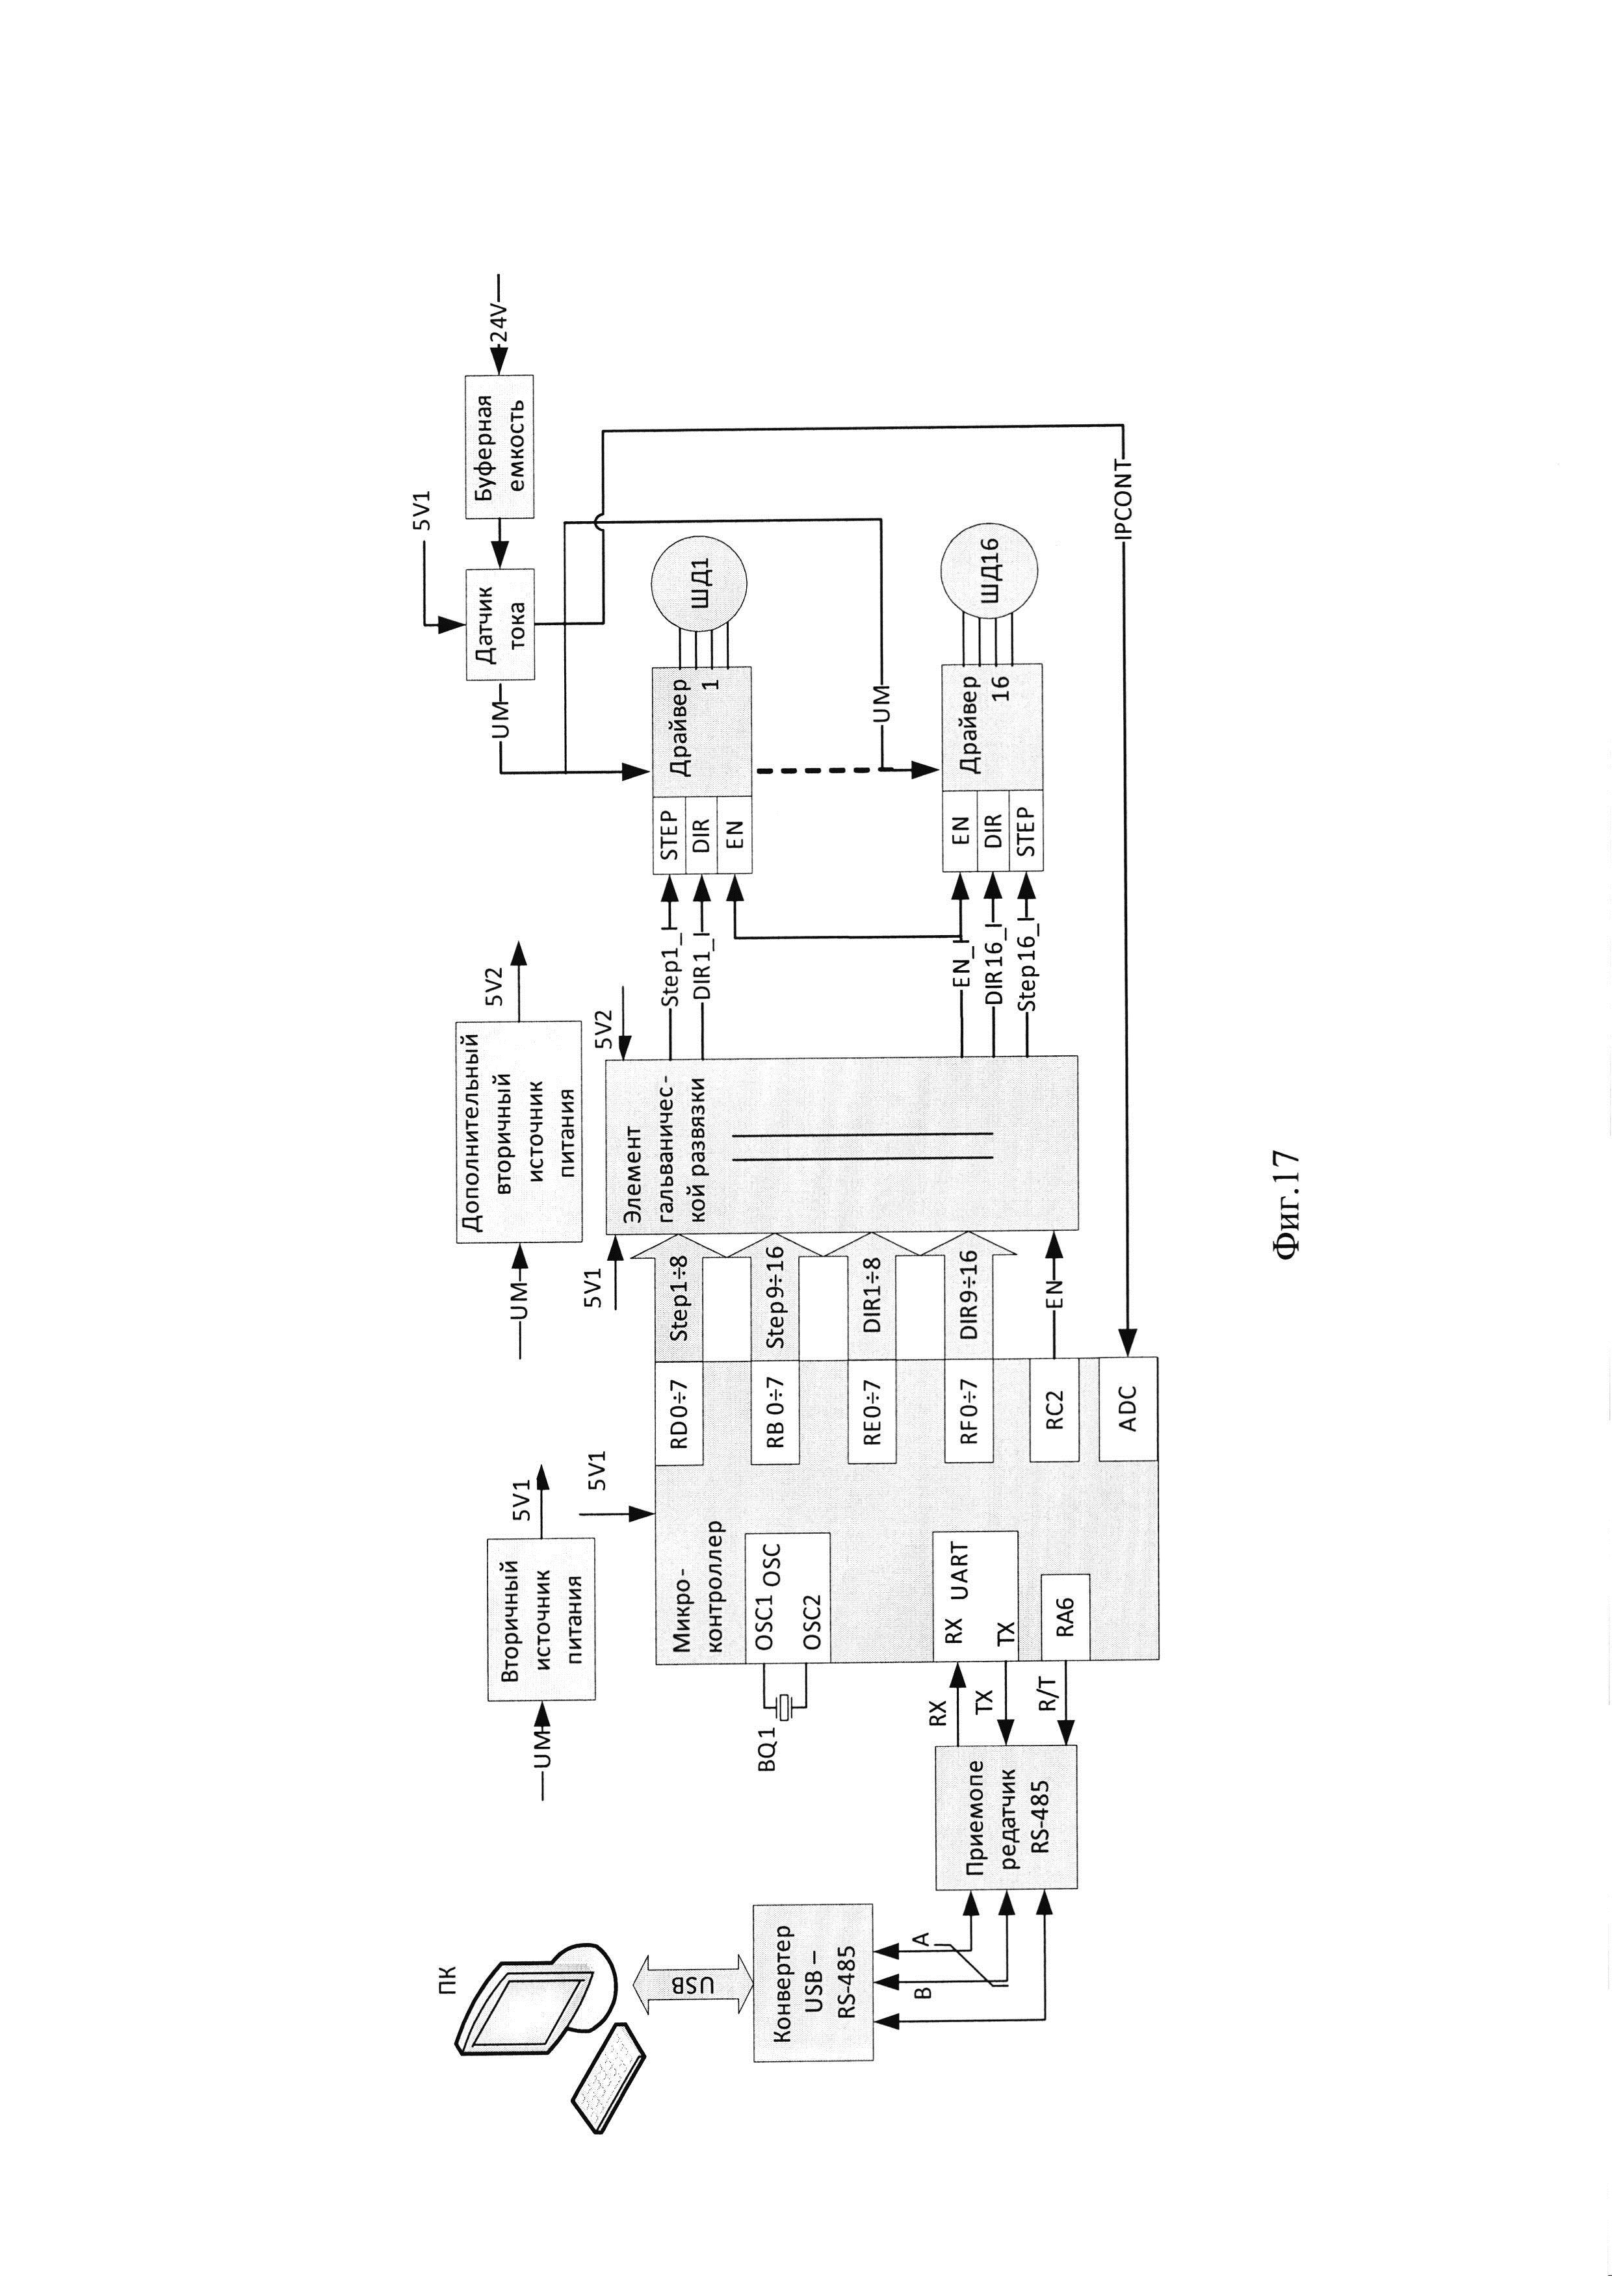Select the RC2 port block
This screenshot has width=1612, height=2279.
pos(1055,1408)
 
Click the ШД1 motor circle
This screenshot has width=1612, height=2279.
pos(699,584)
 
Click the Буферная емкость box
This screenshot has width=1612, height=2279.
pos(499,446)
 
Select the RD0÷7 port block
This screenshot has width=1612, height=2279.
pos(680,1408)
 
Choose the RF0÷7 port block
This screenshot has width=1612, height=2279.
pos(970,1408)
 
